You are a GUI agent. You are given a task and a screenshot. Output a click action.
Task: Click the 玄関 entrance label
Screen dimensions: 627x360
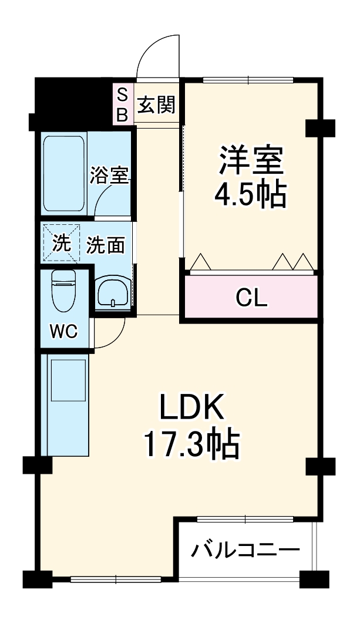click(x=156, y=105)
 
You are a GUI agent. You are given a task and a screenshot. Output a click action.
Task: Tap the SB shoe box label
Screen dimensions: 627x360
click(x=122, y=105)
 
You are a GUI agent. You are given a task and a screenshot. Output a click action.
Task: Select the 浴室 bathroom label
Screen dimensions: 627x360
click(x=109, y=175)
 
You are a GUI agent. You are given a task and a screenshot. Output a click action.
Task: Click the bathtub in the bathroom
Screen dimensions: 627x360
click(x=65, y=173)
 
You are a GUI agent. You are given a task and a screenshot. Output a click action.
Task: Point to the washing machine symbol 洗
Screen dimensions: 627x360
click(x=60, y=243)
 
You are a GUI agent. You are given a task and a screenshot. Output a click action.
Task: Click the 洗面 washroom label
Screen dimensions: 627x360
click(x=106, y=245)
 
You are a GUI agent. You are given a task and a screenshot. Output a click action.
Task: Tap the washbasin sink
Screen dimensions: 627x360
click(x=113, y=292)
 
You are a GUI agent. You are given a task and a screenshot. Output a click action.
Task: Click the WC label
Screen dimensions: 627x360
click(x=63, y=332)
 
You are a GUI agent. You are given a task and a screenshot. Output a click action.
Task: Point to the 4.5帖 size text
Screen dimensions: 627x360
click(x=251, y=195)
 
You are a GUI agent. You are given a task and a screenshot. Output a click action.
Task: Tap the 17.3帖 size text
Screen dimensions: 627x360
click(x=191, y=446)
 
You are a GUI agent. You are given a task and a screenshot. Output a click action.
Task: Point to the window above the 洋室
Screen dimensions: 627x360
click(x=248, y=80)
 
